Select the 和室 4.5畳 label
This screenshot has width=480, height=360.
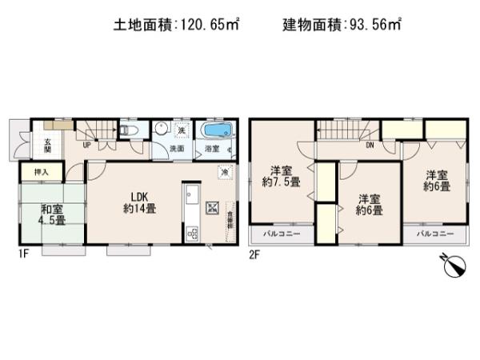click(53, 216)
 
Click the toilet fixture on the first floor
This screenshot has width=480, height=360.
click(130, 130)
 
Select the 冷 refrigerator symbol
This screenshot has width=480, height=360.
click(226, 171)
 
